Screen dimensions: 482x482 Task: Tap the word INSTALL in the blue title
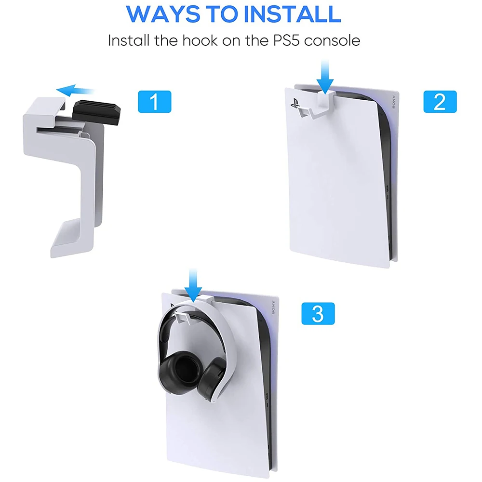295,14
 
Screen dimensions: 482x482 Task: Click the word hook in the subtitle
200,40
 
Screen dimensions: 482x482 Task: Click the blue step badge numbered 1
155,102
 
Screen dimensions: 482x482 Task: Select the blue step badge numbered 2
440,102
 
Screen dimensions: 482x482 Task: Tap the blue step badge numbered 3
318,314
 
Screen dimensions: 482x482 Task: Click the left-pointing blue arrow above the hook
75,91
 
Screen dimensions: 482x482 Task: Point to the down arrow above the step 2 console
325,77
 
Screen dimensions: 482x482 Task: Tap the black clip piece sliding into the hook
96,112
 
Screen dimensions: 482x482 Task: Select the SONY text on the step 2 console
393,102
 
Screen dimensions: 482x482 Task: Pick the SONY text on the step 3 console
273,308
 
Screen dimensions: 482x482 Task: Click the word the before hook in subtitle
166,40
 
